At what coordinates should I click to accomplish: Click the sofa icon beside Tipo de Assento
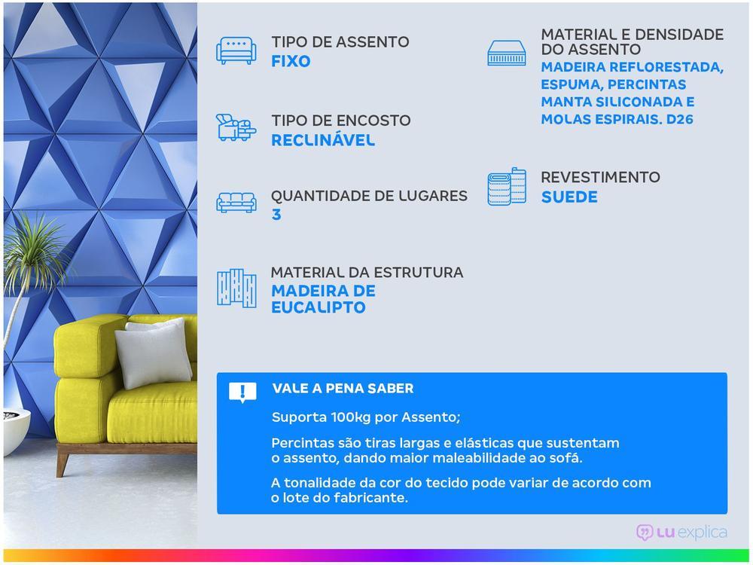click(x=236, y=50)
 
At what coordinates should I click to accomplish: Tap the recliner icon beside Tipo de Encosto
click(x=236, y=128)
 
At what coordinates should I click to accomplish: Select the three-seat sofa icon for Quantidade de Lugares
click(x=236, y=202)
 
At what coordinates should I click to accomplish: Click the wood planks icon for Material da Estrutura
click(x=236, y=288)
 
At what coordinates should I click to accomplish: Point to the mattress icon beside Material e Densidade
click(x=507, y=53)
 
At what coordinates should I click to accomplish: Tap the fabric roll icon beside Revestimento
click(x=507, y=187)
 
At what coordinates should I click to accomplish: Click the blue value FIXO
click(x=291, y=62)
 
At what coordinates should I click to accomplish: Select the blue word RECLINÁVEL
click(x=322, y=140)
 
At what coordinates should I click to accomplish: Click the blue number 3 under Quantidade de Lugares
click(x=276, y=215)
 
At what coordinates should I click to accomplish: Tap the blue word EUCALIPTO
click(x=319, y=307)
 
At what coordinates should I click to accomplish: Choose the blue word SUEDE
click(x=569, y=197)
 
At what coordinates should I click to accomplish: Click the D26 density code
click(x=679, y=119)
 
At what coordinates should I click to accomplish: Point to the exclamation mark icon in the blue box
click(x=242, y=392)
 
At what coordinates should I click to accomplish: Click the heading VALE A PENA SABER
click(x=343, y=389)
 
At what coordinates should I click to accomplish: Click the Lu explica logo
click(x=681, y=533)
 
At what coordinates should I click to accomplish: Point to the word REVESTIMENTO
click(x=600, y=177)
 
